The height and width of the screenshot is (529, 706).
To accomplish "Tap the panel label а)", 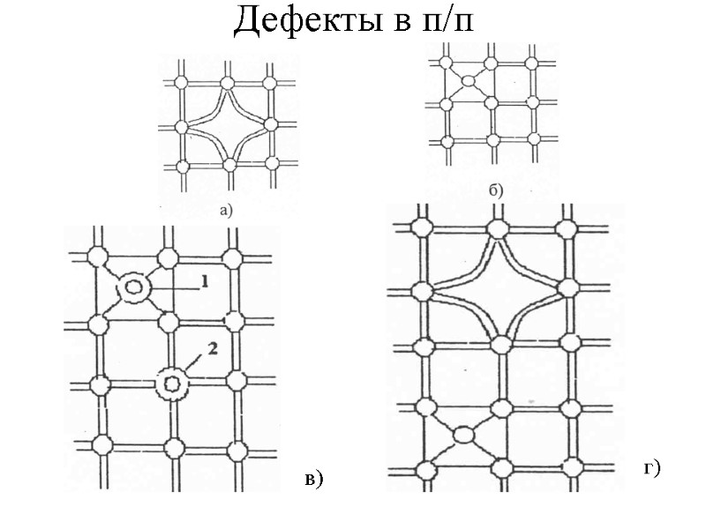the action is pyautogui.click(x=226, y=210).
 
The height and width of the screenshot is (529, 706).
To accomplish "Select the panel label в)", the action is pyautogui.click(x=314, y=479).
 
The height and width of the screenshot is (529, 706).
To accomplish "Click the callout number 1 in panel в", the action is pyautogui.click(x=204, y=281).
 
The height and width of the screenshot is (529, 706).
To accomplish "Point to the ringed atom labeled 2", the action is pyautogui.click(x=172, y=384).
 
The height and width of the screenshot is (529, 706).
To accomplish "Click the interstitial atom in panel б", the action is pyautogui.click(x=468, y=81).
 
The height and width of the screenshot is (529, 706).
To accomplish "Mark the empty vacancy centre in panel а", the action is pyautogui.click(x=227, y=125).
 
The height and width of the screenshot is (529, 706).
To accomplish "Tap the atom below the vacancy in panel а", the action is pyautogui.click(x=228, y=165).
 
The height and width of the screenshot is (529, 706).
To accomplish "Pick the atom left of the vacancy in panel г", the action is pyautogui.click(x=421, y=289).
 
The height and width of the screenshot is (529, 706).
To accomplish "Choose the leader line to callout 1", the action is pyautogui.click(x=173, y=286).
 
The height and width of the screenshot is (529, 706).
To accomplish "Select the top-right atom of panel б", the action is pyautogui.click(x=530, y=63).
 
